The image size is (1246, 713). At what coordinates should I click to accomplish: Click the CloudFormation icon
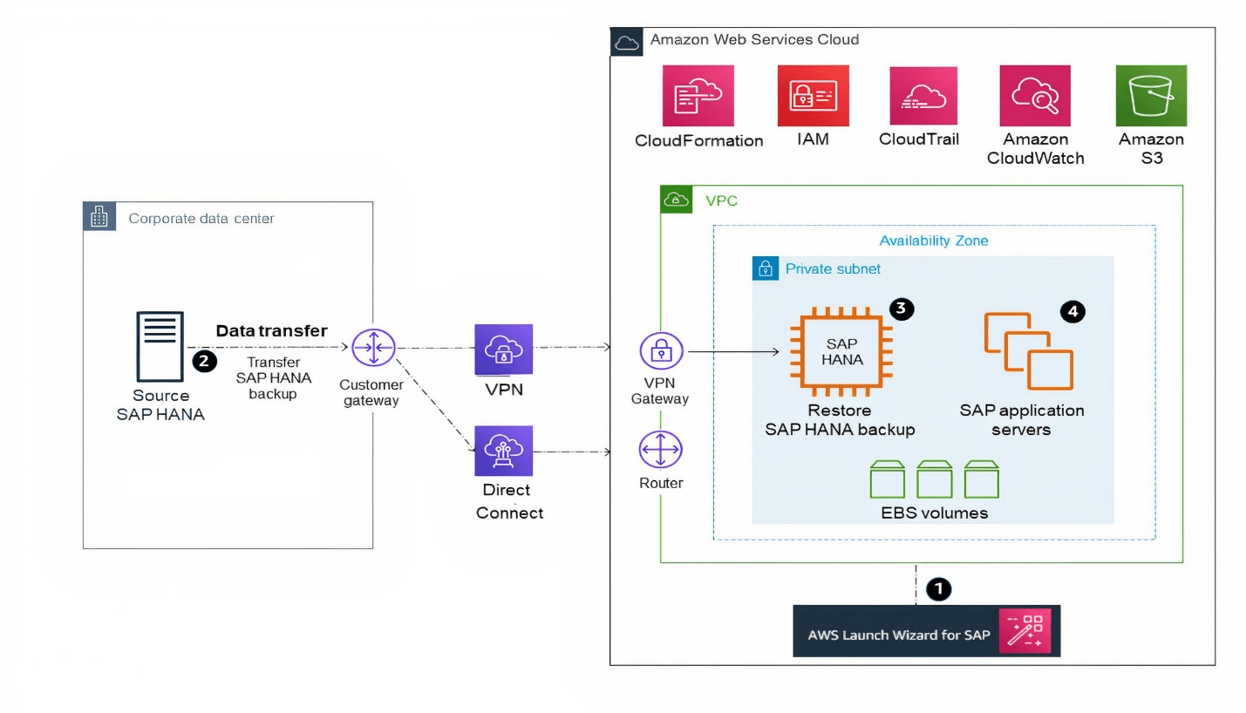pyautogui.click(x=698, y=96)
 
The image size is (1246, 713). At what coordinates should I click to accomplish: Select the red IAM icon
pyautogui.click(x=813, y=96)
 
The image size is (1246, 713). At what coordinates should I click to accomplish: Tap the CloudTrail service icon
pyautogui.click(x=923, y=96)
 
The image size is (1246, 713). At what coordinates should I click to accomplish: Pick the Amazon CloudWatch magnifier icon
pyautogui.click(x=1035, y=96)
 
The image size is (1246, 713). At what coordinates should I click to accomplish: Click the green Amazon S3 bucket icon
pyautogui.click(x=1151, y=95)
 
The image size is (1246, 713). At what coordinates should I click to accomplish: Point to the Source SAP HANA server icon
pyautogui.click(x=160, y=348)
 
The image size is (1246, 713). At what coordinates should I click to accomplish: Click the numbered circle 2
pyautogui.click(x=204, y=360)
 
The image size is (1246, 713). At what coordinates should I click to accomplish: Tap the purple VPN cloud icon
pyautogui.click(x=503, y=350)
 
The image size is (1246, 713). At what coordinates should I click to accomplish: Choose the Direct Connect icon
pyautogui.click(x=503, y=451)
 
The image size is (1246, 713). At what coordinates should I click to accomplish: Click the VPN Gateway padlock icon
pyautogui.click(x=662, y=351)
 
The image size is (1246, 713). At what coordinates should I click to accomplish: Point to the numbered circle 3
pyautogui.click(x=902, y=309)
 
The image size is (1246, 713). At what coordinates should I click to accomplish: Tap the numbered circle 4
pyautogui.click(x=1073, y=311)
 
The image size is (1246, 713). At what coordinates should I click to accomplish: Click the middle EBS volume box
pyautogui.click(x=935, y=479)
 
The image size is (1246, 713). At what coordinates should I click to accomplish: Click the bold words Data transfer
pyautogui.click(x=271, y=330)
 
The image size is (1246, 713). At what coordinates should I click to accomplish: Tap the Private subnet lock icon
pyautogui.click(x=765, y=268)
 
